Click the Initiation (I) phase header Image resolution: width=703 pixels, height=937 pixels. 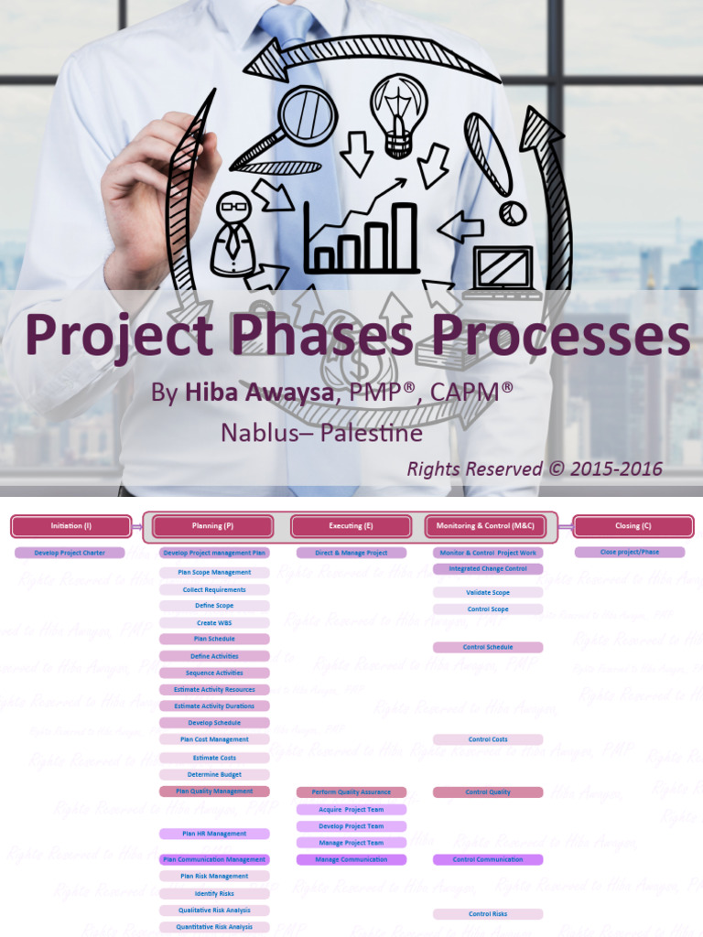[71, 526]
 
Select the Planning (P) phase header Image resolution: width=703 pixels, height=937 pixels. [213, 526]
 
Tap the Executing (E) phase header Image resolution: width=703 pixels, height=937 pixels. [351, 526]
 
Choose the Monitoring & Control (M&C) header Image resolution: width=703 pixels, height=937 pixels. [486, 526]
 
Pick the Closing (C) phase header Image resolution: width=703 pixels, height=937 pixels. [633, 526]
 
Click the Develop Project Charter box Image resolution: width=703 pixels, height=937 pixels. [70, 553]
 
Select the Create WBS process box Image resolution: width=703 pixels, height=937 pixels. [214, 623]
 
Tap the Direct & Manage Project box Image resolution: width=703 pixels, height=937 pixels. [351, 553]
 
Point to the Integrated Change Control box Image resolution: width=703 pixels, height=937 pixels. [488, 569]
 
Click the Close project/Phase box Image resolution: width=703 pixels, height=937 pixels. [630, 553]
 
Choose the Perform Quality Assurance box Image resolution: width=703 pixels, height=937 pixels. [351, 792]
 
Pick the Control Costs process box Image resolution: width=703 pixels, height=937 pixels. [488, 739]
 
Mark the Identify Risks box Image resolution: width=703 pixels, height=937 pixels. [214, 893]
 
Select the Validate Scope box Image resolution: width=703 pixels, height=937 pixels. [488, 593]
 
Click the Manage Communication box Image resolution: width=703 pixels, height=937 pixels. [351, 860]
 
